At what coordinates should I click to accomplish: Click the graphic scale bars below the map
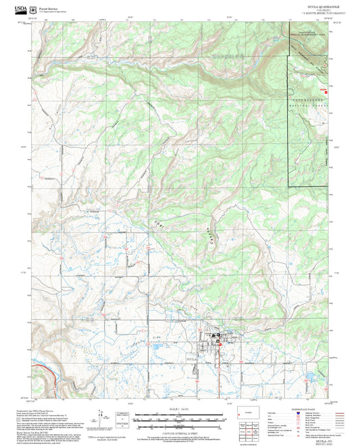(x=180, y=419)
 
